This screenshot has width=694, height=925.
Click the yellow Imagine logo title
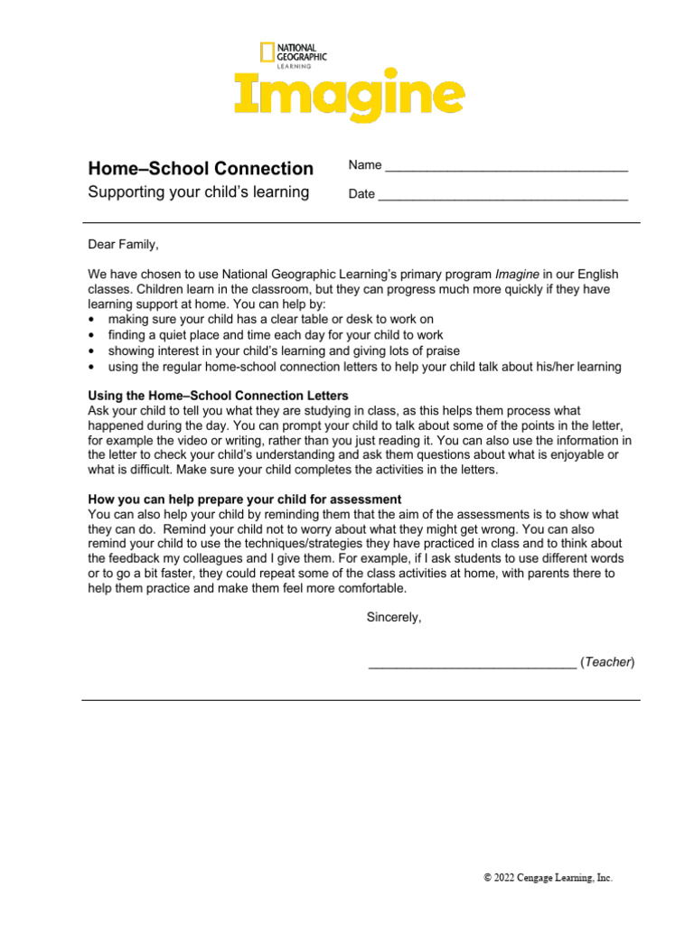(350, 96)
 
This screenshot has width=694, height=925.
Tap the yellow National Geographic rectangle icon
(267, 52)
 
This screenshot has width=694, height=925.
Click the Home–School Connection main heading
(200, 169)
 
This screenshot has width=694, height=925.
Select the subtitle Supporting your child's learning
(198, 192)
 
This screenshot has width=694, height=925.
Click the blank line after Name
(506, 168)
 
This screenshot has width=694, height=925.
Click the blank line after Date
(502, 195)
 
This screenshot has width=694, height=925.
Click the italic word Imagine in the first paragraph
(519, 274)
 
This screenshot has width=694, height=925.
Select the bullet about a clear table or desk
(270, 319)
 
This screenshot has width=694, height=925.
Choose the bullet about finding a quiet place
(275, 334)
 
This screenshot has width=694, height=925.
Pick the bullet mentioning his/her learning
(364, 366)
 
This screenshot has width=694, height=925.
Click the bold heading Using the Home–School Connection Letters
(218, 396)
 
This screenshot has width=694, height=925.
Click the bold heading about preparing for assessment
(244, 500)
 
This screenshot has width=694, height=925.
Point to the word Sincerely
(393, 618)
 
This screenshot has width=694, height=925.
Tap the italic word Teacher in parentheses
(607, 662)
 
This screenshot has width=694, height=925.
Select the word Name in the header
(365, 165)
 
